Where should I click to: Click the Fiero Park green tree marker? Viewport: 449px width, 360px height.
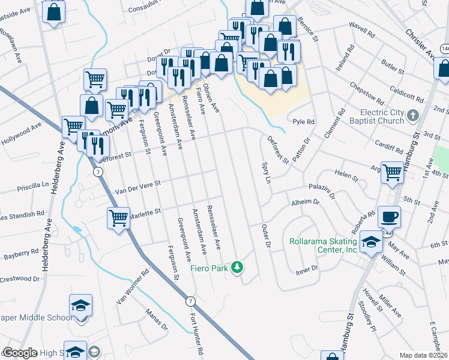coord(238,267)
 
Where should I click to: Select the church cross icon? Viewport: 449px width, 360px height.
coord(413,115)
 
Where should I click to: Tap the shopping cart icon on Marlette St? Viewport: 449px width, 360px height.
coord(118,218)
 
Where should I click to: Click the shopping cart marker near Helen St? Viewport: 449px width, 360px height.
coord(393,172)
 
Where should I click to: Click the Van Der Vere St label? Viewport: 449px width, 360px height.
coord(131,187)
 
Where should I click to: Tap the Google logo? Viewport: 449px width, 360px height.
coord(20,353)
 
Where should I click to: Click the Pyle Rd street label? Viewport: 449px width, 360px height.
coord(303,122)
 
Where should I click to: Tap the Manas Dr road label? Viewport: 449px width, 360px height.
coord(157,321)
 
